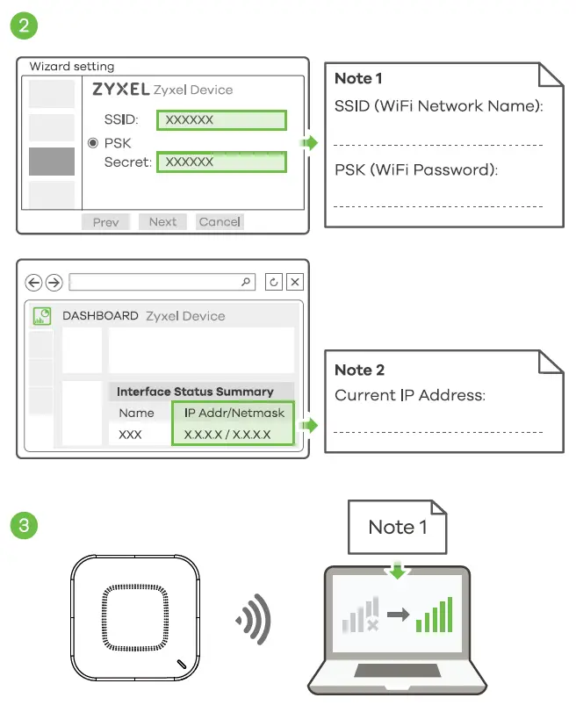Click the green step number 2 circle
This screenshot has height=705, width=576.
(23, 25)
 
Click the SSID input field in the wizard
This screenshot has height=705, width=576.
(221, 120)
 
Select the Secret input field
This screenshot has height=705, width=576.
(221, 162)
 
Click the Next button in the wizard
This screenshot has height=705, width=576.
(162, 222)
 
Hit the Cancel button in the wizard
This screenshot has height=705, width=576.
(220, 222)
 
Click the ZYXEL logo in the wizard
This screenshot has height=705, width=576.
(120, 90)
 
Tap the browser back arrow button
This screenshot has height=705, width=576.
(34, 282)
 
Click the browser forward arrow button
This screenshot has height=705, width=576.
(54, 282)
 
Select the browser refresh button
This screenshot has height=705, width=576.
(274, 282)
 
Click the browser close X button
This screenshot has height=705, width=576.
(295, 282)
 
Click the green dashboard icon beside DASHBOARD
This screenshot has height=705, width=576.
(41, 316)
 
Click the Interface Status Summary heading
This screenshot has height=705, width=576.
(195, 392)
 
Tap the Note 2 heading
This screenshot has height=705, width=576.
(359, 370)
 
